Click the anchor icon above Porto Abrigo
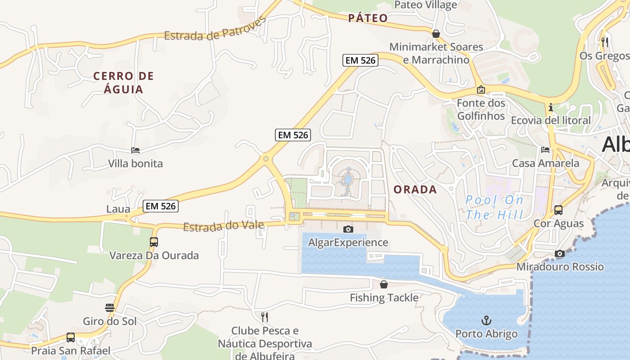point(486,320)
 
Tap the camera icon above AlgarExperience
point(348,229)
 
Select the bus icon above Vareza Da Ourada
point(154,242)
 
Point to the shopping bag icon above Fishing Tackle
point(384,284)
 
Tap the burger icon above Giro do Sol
point(110,308)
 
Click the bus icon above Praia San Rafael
point(71,337)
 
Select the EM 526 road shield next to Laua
point(161,206)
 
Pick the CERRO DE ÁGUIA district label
point(123,82)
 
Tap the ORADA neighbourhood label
point(415,189)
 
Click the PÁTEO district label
point(368,18)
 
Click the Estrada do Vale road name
point(224,225)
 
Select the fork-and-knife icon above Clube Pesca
point(265,317)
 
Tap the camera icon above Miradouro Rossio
point(559,253)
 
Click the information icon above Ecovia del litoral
point(550,107)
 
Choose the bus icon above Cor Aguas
point(558,210)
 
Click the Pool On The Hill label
point(494,207)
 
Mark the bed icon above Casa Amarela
point(545,150)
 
